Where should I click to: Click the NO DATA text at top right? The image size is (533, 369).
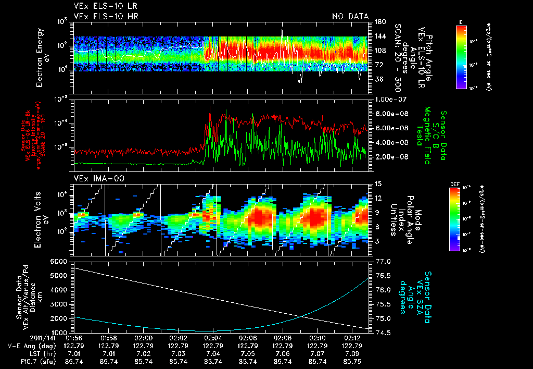(350, 16)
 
